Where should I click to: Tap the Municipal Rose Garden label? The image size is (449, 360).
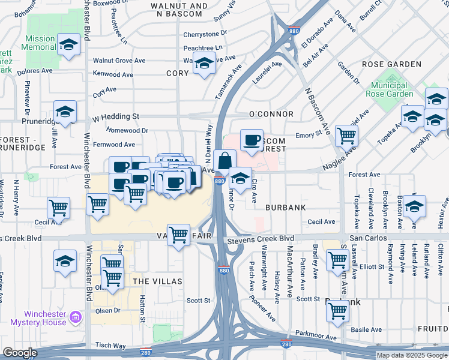(390, 89)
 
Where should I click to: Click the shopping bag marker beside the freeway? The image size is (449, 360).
(224, 161)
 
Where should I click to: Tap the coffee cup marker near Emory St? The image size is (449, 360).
(252, 140)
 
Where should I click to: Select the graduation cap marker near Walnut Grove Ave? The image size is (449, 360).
(204, 63)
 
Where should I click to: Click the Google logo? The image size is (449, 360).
(20, 353)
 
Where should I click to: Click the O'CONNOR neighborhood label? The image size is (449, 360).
(271, 114)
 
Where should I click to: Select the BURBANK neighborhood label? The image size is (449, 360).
(285, 208)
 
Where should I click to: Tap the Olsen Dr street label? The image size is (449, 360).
(108, 310)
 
